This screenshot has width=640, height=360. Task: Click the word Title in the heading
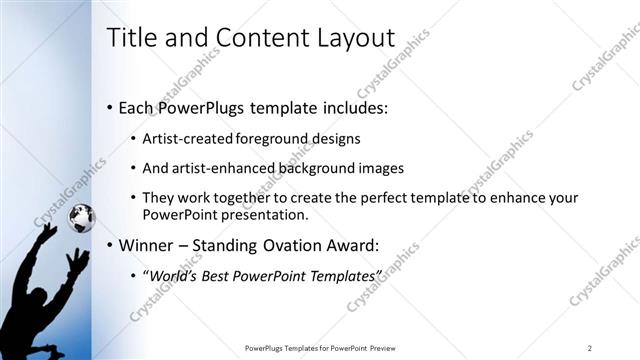[x=132, y=37]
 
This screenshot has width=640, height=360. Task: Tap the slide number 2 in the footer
[x=590, y=348]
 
